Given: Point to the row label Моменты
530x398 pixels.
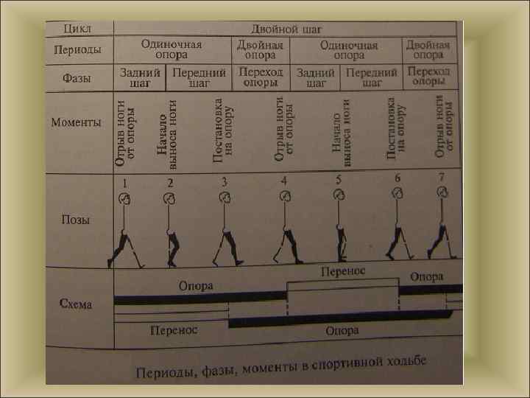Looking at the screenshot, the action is pyautogui.click(x=76, y=122).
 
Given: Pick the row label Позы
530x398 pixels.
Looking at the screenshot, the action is pyautogui.click(x=76, y=220).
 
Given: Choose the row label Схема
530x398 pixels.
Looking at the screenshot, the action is pyautogui.click(x=76, y=303).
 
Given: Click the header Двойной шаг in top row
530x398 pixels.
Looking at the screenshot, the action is pyautogui.click(x=286, y=29).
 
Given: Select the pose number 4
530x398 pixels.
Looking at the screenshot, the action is pyautogui.click(x=284, y=181).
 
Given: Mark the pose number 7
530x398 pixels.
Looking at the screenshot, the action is pyautogui.click(x=441, y=177).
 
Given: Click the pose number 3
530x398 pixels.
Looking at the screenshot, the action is pyautogui.click(x=224, y=181).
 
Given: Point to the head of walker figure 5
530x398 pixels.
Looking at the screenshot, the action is pyautogui.click(x=339, y=194).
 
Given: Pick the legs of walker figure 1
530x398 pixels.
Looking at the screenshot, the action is pyautogui.click(x=121, y=248).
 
